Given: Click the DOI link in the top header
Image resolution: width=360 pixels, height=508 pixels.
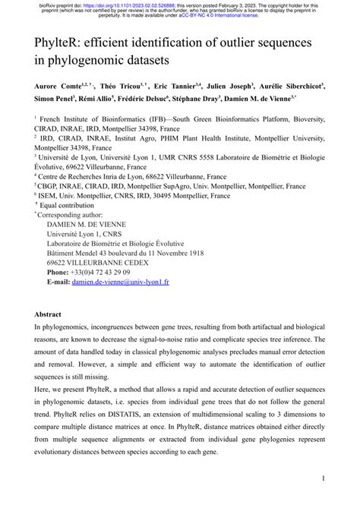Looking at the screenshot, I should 118,4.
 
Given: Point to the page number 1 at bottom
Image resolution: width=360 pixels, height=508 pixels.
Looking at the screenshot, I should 324,478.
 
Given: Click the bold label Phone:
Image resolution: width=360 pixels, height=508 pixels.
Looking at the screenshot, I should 59,271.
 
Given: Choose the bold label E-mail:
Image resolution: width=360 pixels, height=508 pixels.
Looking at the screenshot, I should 60,281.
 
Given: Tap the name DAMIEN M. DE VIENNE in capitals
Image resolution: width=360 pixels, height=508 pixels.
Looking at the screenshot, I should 87,223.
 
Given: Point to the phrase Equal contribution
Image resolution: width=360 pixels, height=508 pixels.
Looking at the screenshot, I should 68,204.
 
